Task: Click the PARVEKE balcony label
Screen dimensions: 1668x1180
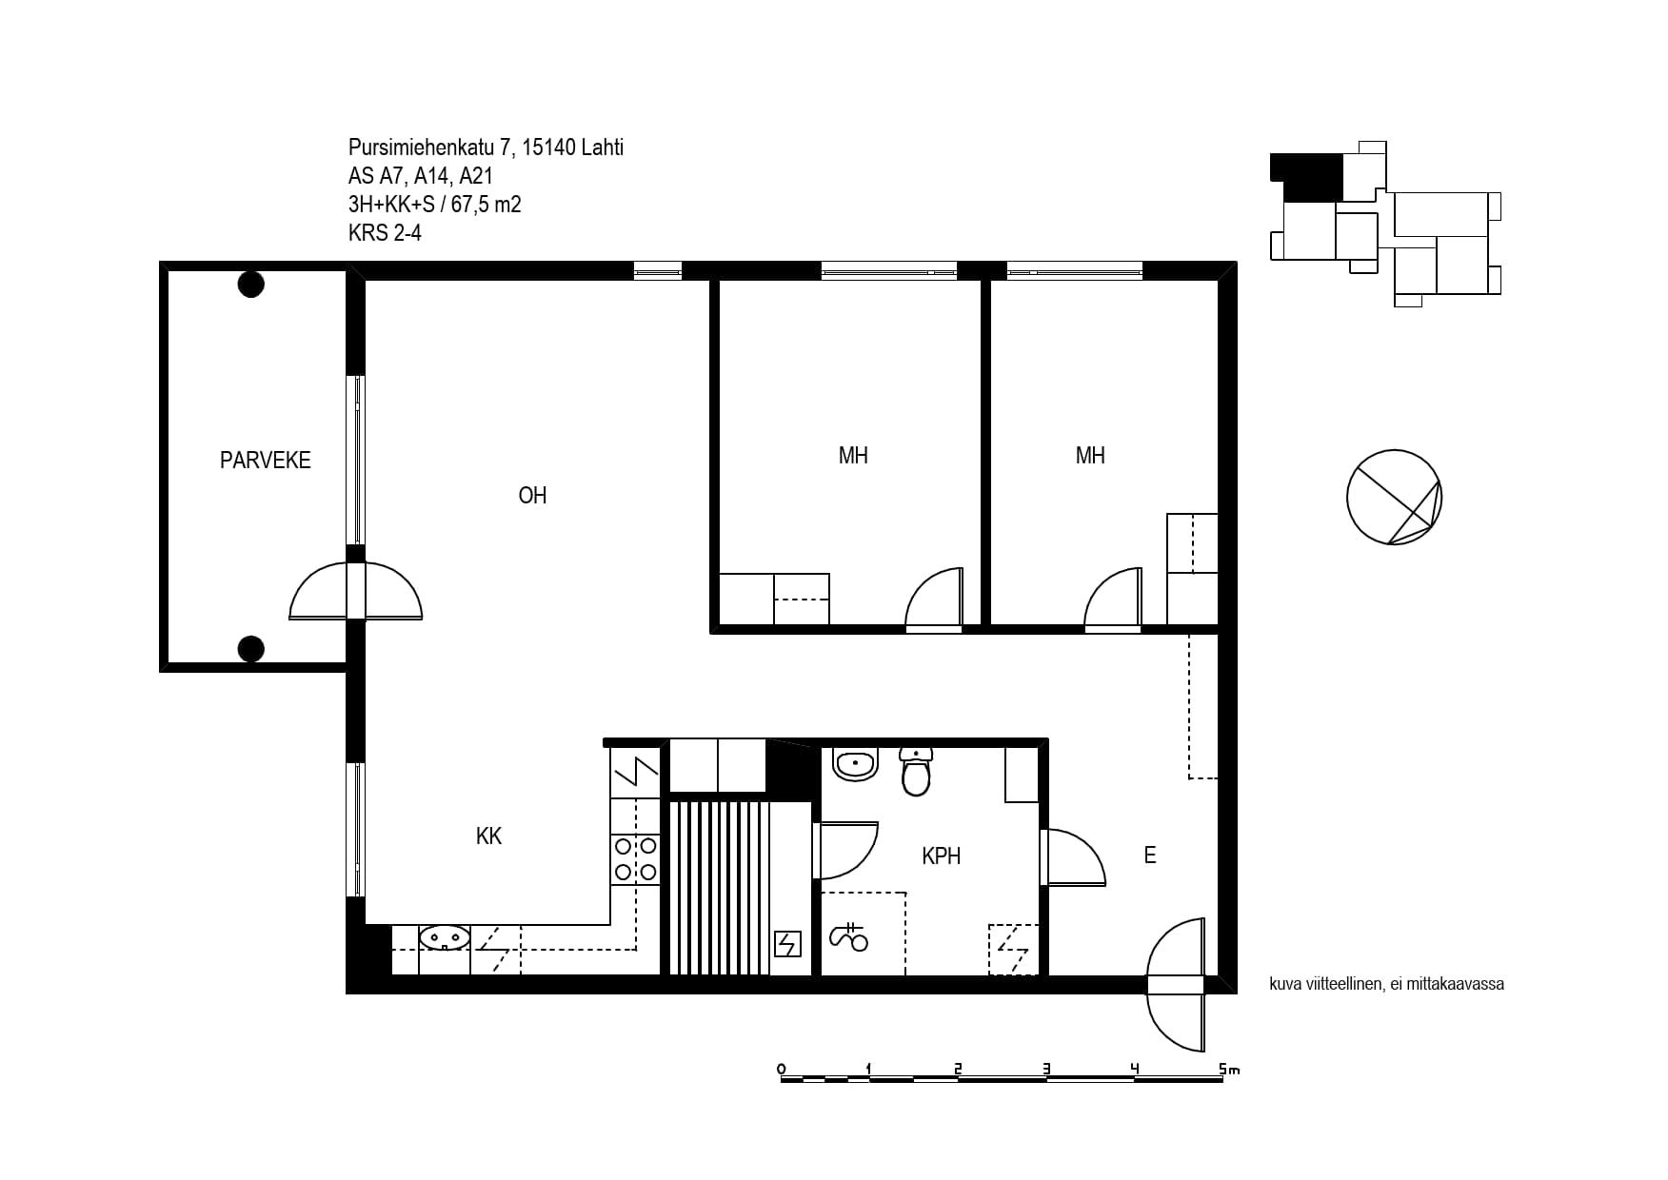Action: (265, 461)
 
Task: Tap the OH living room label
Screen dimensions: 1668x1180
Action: (532, 496)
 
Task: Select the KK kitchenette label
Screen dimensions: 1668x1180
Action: (488, 836)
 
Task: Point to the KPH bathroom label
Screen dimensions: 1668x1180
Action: (941, 856)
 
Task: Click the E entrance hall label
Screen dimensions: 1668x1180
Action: (1150, 855)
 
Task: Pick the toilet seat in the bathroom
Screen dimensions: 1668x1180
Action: (916, 771)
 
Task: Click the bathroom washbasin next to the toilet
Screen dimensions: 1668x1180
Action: (855, 764)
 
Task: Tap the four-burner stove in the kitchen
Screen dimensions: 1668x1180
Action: (635, 857)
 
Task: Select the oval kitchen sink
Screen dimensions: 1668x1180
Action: (444, 938)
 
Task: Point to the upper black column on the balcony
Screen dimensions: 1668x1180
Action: (250, 285)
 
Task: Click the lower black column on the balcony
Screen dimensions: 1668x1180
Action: (250, 649)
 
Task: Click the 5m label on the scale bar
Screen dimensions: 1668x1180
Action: (1229, 1070)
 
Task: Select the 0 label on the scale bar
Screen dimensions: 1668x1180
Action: (782, 1069)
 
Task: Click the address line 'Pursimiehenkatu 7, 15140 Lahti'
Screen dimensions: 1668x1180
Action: (486, 147)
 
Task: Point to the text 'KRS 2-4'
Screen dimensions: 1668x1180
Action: (385, 232)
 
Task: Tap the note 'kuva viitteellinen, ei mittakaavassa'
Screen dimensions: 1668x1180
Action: (1386, 984)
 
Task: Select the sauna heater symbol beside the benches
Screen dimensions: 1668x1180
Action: (788, 943)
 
